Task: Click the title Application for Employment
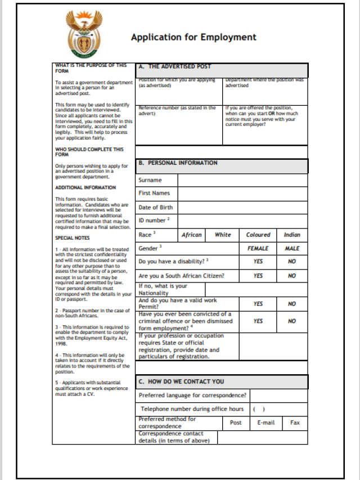193,37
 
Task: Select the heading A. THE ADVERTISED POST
179,66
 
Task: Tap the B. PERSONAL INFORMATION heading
178,163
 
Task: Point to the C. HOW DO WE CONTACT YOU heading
181,382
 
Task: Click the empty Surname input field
242,180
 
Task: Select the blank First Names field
242,194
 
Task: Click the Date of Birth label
156,207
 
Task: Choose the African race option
192,235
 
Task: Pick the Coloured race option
258,235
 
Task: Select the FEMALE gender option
258,248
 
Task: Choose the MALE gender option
292,248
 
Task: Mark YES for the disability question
258,262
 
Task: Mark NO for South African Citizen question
292,276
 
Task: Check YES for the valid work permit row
258,303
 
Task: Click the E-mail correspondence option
266,423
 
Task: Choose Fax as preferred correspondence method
295,423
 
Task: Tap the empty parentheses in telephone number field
259,409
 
